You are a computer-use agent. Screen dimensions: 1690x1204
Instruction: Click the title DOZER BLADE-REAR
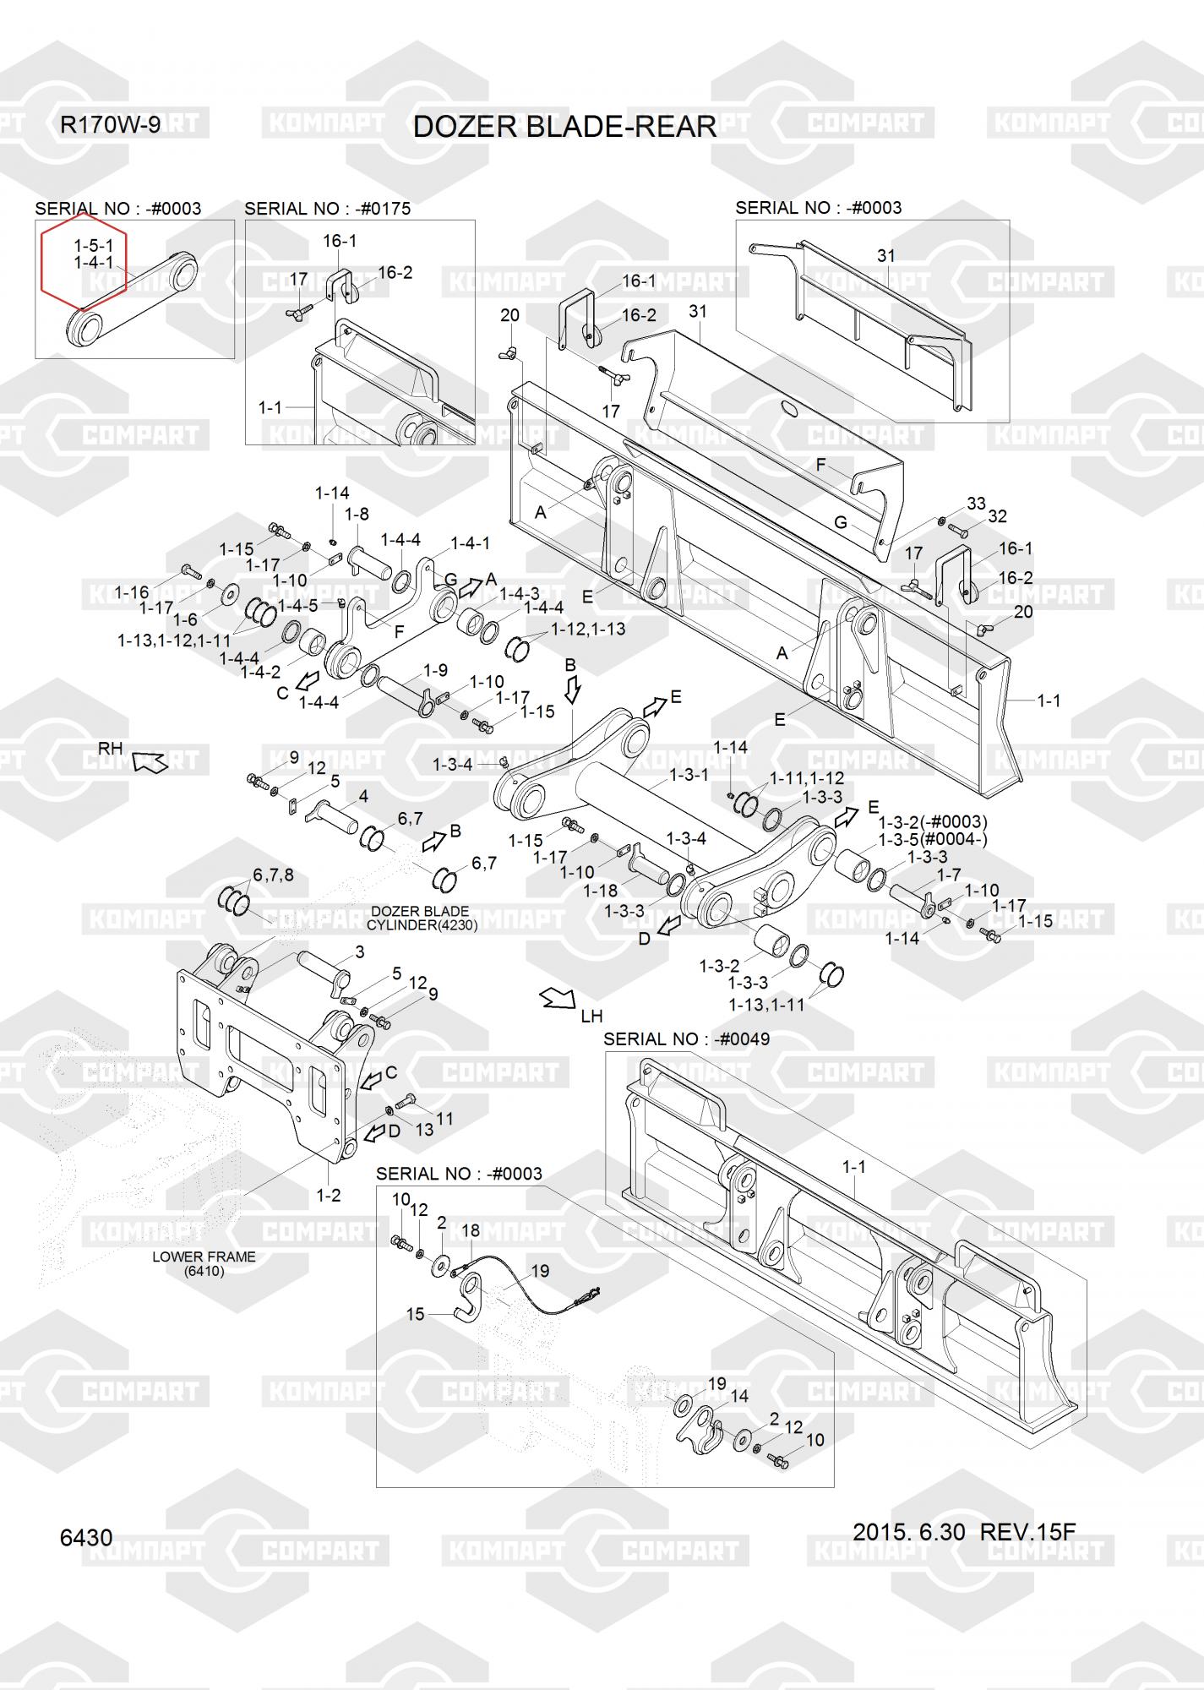[x=564, y=127]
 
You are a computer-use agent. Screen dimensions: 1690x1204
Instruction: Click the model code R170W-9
[x=110, y=125]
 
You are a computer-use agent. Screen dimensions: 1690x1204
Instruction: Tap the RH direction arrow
[x=150, y=761]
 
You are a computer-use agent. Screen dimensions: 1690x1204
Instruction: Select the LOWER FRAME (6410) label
[x=204, y=1263]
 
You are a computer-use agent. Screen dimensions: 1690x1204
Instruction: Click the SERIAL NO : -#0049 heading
[x=686, y=1039]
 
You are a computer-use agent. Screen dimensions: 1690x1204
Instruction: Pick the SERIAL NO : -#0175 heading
[x=327, y=209]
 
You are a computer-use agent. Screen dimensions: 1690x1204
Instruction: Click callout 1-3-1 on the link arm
[x=689, y=774]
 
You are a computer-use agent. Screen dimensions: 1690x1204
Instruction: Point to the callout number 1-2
[x=328, y=1195]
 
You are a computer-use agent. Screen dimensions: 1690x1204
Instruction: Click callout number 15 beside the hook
[x=415, y=1314]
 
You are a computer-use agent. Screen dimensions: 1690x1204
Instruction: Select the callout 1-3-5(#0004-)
[x=933, y=839]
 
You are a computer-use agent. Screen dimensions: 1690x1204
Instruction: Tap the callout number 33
[x=976, y=504]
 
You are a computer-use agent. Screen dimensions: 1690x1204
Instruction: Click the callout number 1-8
[x=357, y=514]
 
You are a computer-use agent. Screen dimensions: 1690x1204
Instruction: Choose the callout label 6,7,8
[x=273, y=875]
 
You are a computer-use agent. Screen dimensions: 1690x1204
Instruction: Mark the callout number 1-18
[x=601, y=891]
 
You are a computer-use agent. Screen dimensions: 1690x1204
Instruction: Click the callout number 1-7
[x=949, y=875]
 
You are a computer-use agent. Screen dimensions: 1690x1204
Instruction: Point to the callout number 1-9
[x=435, y=670]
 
